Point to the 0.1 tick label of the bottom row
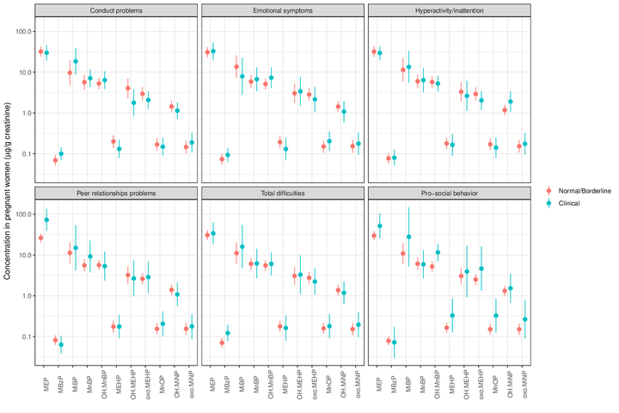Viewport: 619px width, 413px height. point(22,336)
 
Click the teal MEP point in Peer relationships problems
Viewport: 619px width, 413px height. point(46,220)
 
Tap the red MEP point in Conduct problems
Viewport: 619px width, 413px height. point(40,52)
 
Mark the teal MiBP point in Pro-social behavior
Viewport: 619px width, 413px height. point(408,237)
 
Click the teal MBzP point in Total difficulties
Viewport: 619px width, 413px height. point(228,333)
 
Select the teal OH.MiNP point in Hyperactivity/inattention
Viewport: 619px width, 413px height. point(511,102)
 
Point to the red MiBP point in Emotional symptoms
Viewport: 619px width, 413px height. point(236,67)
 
